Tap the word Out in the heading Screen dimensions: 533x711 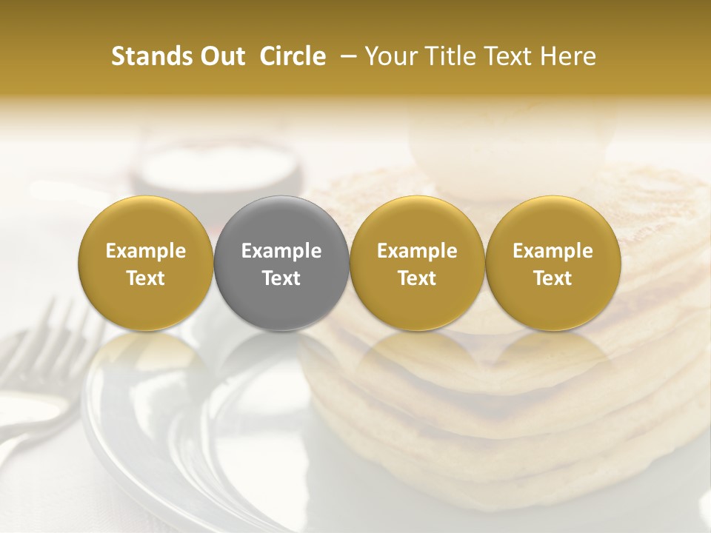pos(220,56)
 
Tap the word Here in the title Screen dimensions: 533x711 pos(568,56)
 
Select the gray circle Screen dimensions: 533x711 pos(281,263)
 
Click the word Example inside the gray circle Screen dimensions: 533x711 pos(281,251)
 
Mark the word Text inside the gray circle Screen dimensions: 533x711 pos(281,278)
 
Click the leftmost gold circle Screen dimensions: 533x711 pos(146,263)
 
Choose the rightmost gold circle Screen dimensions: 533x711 pos(553,263)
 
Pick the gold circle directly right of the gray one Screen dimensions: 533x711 pos(417,263)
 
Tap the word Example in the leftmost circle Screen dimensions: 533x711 pos(146,251)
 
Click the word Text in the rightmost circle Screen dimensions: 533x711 pos(553,278)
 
